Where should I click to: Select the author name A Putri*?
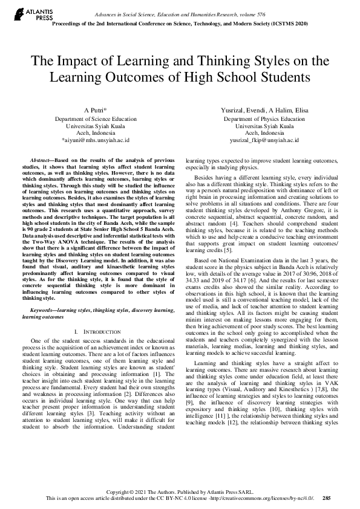pos(96,111)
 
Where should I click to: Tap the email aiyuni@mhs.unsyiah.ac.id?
pos(96,140)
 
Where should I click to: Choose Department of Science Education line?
pos(96,120)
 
